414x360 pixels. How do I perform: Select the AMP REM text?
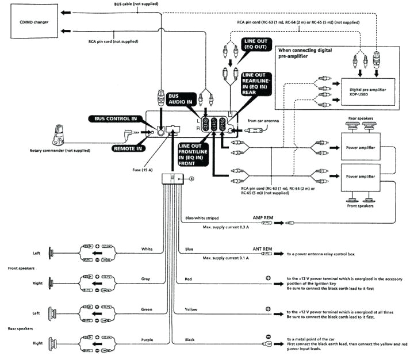coord(263,219)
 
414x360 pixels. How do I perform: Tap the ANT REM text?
coord(262,249)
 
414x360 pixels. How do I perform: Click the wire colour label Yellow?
coord(191,309)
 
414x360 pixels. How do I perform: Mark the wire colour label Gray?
coord(146,278)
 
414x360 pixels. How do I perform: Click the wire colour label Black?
coord(190,339)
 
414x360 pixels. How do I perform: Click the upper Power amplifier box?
coord(360,148)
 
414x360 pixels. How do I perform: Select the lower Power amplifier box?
coord(360,177)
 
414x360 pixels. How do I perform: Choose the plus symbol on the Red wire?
coord(268,278)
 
